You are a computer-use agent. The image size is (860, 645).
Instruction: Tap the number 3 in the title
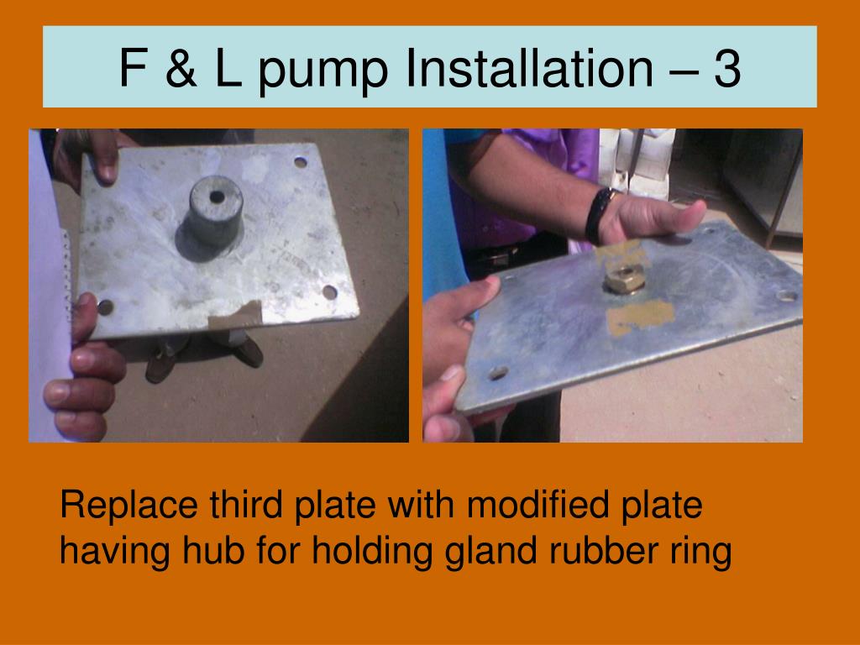(x=727, y=68)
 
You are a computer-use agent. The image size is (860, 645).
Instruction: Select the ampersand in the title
(x=181, y=68)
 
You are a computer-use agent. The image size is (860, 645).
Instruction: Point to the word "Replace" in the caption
(x=128, y=505)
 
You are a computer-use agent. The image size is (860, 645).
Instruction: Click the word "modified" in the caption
(x=537, y=504)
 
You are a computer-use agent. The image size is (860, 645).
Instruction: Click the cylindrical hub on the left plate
(x=216, y=210)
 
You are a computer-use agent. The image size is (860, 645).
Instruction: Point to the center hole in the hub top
(x=218, y=197)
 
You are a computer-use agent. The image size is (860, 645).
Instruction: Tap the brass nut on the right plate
(x=625, y=279)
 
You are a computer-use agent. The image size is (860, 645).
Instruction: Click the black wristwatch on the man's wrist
(x=598, y=216)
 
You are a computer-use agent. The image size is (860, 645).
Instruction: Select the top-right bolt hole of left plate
(x=300, y=162)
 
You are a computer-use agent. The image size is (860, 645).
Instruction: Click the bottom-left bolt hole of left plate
(x=105, y=307)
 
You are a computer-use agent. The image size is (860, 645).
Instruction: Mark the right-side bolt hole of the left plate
(x=329, y=292)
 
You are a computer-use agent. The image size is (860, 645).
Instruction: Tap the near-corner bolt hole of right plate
(x=498, y=374)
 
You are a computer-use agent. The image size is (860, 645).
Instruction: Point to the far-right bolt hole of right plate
(x=787, y=296)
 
